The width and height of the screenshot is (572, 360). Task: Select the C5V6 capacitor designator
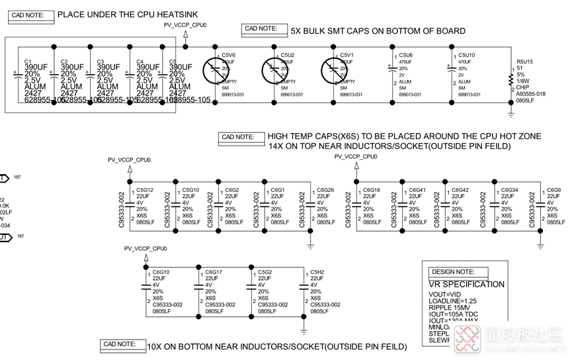(228, 54)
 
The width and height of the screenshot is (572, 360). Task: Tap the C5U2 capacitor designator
(287, 54)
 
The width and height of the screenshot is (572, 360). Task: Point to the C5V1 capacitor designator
(347, 54)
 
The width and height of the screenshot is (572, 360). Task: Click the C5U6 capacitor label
(406, 54)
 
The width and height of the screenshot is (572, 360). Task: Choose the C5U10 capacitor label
(467, 54)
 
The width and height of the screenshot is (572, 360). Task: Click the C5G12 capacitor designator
(145, 190)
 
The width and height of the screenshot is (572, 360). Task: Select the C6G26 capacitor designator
(325, 190)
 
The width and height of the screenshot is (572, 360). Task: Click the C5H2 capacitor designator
(317, 272)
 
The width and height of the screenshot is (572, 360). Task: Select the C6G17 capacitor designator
(213, 272)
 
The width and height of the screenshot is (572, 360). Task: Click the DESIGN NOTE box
(458, 272)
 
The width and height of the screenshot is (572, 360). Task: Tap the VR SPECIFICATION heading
(466, 284)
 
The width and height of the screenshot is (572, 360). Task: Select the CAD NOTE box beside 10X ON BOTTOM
(123, 344)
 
